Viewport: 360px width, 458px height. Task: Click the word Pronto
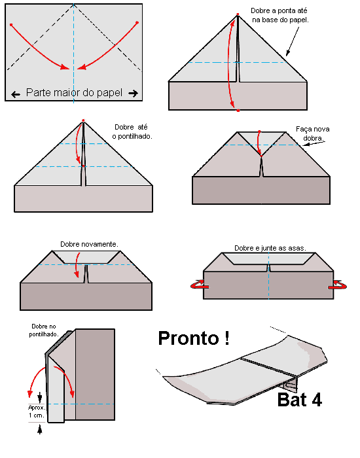(189, 338)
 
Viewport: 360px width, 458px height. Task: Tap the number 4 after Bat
(316, 399)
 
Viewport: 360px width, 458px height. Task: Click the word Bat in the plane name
(292, 399)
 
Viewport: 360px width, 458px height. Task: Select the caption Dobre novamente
(89, 244)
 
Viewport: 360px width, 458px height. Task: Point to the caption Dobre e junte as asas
(270, 248)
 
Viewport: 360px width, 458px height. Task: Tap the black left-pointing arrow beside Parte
(16, 94)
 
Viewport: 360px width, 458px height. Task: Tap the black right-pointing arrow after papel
(134, 94)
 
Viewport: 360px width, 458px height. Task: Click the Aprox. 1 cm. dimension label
(37, 412)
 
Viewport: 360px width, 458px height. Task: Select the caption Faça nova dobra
(313, 133)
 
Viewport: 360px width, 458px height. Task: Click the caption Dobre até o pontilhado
(132, 132)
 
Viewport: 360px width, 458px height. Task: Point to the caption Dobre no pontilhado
(44, 330)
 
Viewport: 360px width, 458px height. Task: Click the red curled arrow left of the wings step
(198, 285)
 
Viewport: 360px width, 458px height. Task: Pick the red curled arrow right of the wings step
(338, 285)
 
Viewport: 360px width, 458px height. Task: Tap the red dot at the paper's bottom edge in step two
(238, 111)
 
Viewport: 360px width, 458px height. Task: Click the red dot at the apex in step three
(83, 120)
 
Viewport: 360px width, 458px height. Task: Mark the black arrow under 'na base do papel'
(293, 41)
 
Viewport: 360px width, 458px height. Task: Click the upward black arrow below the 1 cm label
(40, 429)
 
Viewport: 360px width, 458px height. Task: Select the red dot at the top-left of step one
(11, 25)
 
